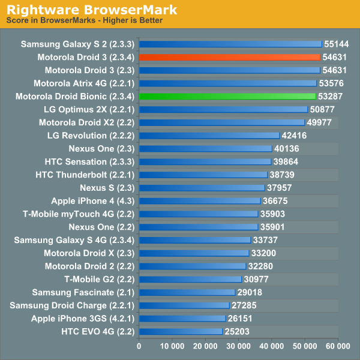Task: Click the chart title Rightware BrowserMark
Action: (x=92, y=10)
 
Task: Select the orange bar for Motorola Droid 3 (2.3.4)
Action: (x=229, y=57)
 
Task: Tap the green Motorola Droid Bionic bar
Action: (x=227, y=96)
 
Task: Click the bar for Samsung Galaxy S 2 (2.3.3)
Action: (x=230, y=44)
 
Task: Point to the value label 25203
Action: (x=238, y=331)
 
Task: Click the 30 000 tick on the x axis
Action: (x=238, y=346)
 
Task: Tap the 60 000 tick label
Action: (x=338, y=346)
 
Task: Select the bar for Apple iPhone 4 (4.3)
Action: (x=200, y=201)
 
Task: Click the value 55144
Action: (x=337, y=44)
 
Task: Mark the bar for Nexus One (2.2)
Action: (x=199, y=227)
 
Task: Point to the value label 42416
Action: (x=295, y=136)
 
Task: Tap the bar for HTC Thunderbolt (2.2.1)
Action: (x=203, y=175)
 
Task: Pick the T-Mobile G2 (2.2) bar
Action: (x=190, y=279)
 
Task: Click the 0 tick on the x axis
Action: (x=139, y=346)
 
